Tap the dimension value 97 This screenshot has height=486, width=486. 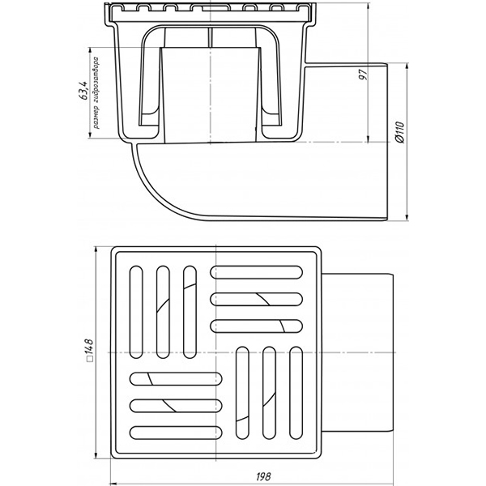[363, 74]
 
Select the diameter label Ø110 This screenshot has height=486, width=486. [400, 132]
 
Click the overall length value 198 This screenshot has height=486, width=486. [263, 476]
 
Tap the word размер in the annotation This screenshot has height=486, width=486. [96, 117]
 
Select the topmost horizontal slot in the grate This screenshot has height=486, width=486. [256, 272]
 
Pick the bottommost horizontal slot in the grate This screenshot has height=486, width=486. [176, 433]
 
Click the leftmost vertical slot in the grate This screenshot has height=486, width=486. [136, 312]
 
